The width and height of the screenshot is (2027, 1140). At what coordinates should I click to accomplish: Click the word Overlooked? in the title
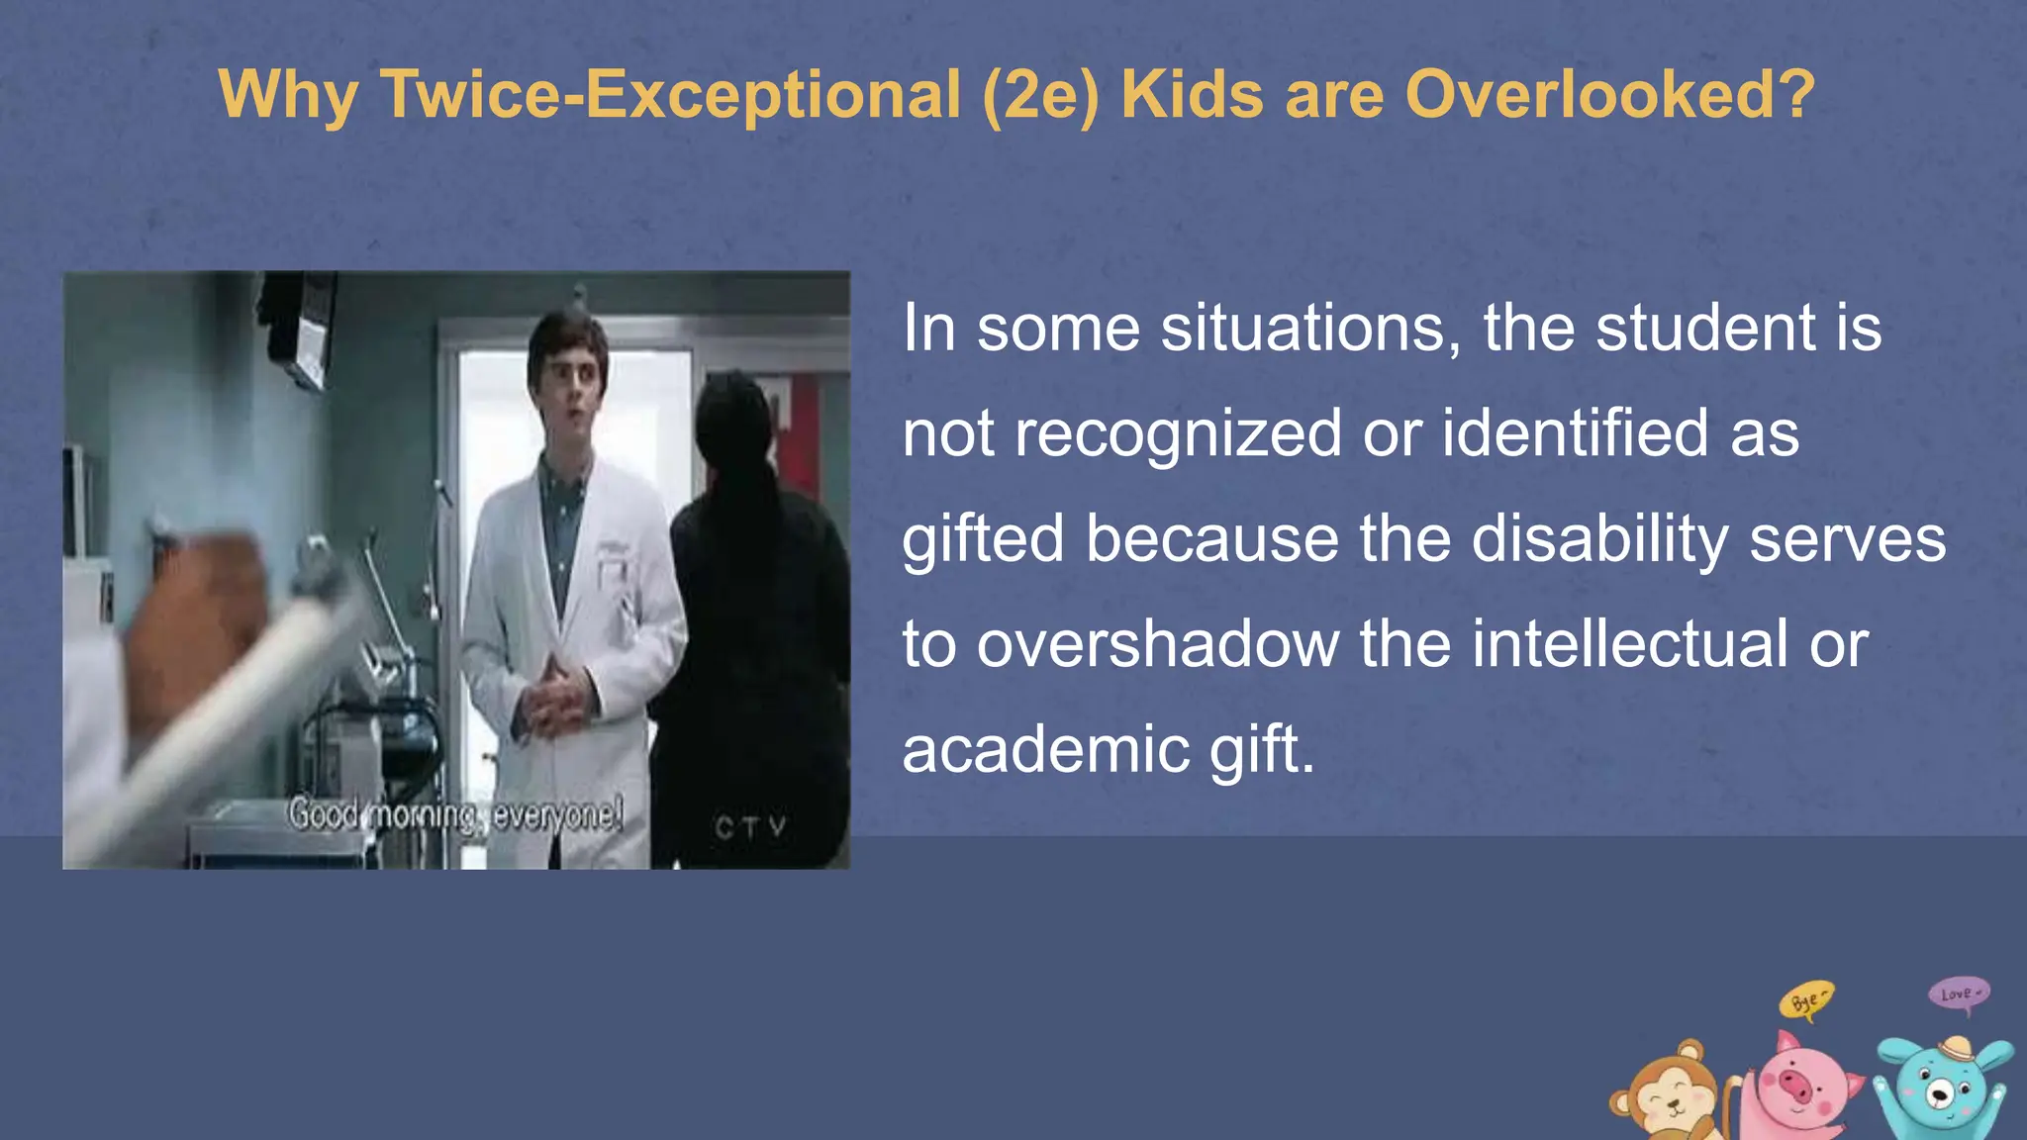click(x=1609, y=95)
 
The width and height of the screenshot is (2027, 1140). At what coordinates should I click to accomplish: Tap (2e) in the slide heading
click(x=1040, y=95)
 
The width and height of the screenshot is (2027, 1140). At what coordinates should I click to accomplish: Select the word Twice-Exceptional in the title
click(x=670, y=95)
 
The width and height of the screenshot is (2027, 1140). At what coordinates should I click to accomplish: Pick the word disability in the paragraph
click(x=1599, y=539)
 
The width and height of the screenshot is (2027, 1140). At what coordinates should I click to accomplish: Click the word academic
click(x=1045, y=749)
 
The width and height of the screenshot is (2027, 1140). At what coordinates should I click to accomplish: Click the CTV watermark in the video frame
click(x=751, y=827)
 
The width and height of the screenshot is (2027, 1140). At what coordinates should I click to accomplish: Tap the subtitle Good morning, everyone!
click(x=455, y=815)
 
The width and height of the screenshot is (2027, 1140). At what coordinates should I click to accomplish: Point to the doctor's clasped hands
click(x=557, y=701)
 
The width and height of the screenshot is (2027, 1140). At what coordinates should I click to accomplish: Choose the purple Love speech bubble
click(x=1959, y=994)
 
